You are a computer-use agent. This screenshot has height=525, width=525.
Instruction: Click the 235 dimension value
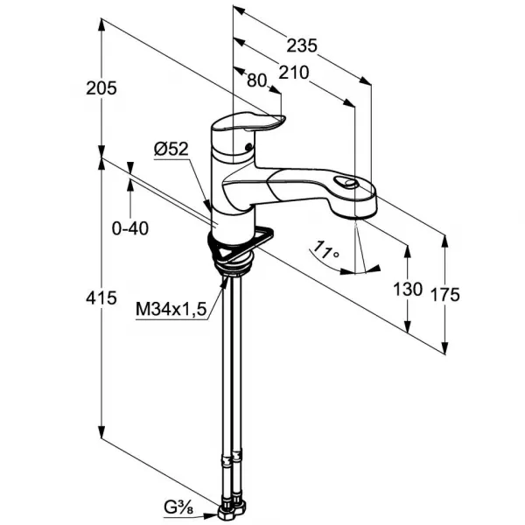coord(301,45)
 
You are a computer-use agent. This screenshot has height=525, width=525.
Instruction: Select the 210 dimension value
coord(294,73)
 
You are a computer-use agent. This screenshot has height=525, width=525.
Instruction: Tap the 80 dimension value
coord(256,80)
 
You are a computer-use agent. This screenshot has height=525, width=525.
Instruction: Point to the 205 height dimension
coord(101,88)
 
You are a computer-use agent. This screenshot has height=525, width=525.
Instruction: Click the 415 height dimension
coord(101,297)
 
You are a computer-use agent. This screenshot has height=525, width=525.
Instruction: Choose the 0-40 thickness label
coord(129,228)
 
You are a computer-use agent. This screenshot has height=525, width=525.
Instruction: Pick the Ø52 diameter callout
coord(171,150)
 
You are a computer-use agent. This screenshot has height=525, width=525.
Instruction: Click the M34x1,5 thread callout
coord(171,309)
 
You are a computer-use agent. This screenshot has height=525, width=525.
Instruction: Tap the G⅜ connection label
coord(178,507)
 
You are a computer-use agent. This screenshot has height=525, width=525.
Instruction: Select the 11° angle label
coord(325,250)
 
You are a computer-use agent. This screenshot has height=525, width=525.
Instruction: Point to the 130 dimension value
coord(408,290)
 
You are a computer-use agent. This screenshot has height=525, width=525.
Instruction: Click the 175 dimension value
coord(445,295)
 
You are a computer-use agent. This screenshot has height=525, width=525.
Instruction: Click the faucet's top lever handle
coord(248,122)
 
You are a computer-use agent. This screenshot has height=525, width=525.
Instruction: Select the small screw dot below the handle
coord(248,146)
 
